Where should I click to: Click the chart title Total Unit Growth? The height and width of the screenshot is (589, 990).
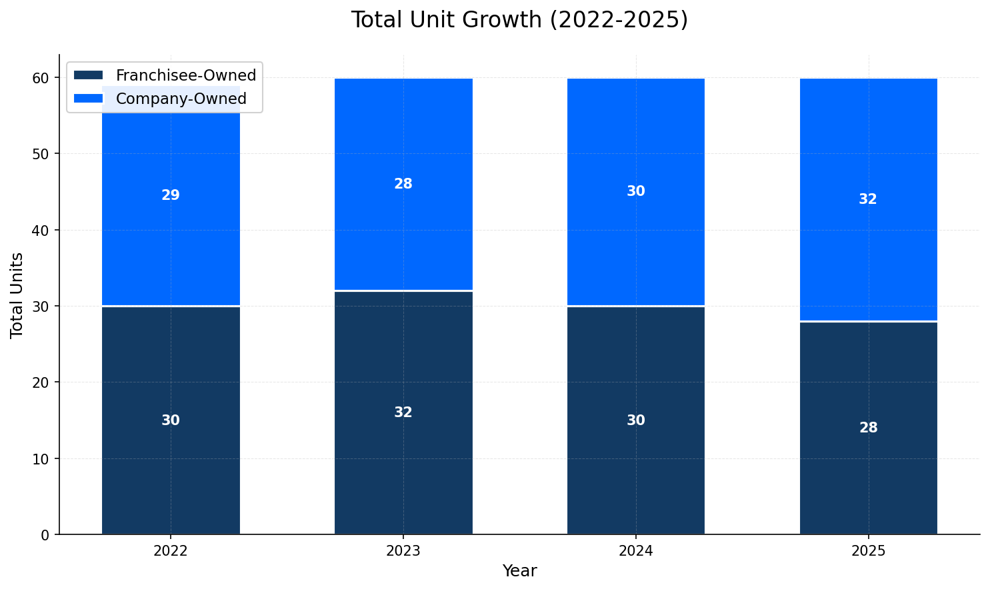519,20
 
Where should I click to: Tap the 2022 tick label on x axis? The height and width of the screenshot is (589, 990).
171,551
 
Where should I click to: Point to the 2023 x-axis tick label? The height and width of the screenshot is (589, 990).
403,551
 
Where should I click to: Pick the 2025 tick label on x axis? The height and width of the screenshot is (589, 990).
868,551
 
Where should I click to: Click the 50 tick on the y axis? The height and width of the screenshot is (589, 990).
41,154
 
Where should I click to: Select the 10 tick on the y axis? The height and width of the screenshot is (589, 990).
41,459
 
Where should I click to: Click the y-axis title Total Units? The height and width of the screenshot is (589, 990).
17,294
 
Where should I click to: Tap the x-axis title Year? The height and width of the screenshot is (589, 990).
519,571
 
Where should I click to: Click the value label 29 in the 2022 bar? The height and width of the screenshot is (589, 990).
171,195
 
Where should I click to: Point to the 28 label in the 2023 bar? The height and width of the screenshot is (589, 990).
403,184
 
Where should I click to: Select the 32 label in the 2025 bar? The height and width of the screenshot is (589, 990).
868,199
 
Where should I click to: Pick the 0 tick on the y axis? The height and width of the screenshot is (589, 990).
45,535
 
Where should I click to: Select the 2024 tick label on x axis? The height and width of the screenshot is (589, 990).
636,551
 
